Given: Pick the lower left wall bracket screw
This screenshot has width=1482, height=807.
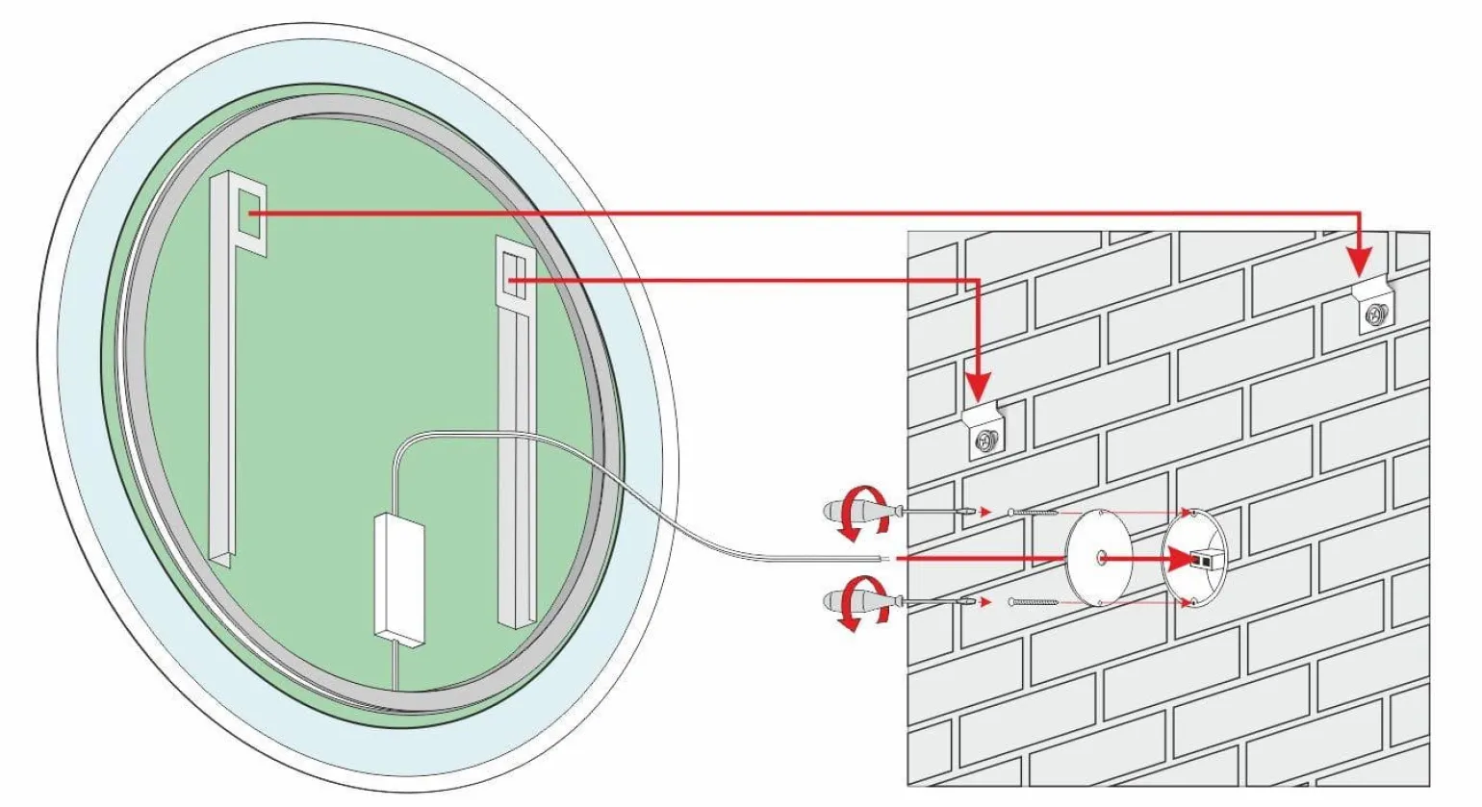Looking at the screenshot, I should pos(985,441).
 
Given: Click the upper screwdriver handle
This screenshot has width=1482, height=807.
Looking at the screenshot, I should pos(844,510).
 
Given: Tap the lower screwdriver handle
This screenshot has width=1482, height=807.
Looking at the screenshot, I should pos(844,603).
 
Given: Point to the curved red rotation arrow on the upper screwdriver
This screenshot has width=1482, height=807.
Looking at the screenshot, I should pos(855,515).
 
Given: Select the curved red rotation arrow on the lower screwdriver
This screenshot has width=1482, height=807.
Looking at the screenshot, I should pos(855,603).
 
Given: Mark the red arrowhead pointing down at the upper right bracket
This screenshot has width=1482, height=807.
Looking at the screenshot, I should pos(1358,260).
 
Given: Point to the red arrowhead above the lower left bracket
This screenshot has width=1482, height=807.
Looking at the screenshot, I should pos(977,387).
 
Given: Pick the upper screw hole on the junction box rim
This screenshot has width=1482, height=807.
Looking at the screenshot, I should pos(1193,515).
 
